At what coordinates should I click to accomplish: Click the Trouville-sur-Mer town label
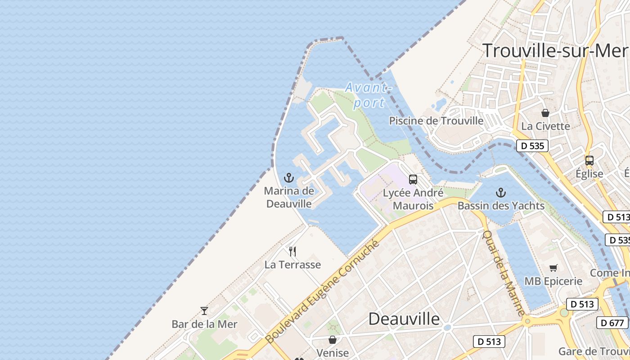tap(555, 51)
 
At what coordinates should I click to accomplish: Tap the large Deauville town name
tap(404, 319)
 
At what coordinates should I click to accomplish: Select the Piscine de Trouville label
tap(436, 121)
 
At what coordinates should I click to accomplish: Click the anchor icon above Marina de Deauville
tap(289, 178)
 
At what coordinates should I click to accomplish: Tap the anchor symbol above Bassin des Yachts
tap(500, 193)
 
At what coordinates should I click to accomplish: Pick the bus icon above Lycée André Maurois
tap(413, 180)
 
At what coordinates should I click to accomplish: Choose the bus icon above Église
tap(589, 160)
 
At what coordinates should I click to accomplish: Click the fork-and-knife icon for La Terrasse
tap(292, 251)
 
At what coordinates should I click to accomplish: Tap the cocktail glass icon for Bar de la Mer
tap(204, 310)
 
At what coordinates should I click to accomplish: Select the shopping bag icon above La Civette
tap(545, 112)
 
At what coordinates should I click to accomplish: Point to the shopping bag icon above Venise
tap(333, 340)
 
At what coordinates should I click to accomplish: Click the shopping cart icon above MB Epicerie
tap(553, 268)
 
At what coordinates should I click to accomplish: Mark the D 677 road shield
tap(612, 323)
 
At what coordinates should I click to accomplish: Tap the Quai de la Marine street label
tap(504, 273)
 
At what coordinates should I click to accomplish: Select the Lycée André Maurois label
tap(413, 199)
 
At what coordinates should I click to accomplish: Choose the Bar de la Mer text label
tap(204, 324)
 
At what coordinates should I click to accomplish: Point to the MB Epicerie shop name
tap(553, 281)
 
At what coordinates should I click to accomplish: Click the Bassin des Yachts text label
tap(501, 206)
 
